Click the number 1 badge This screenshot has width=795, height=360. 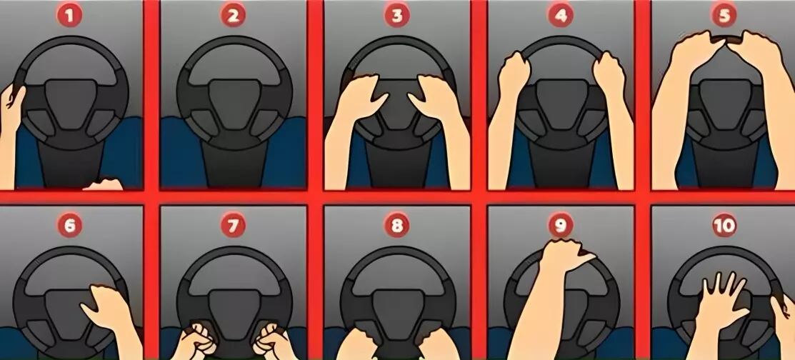69,16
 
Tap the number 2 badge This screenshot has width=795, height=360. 234,16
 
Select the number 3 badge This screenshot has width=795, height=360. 396,16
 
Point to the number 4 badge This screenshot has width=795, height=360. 560,16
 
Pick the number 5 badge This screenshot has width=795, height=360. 724,16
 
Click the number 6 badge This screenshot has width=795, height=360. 69,226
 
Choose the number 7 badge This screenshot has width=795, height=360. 234,226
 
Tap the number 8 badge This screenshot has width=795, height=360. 396,226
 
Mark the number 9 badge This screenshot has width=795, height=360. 560,226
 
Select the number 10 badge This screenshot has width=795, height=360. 724,226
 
